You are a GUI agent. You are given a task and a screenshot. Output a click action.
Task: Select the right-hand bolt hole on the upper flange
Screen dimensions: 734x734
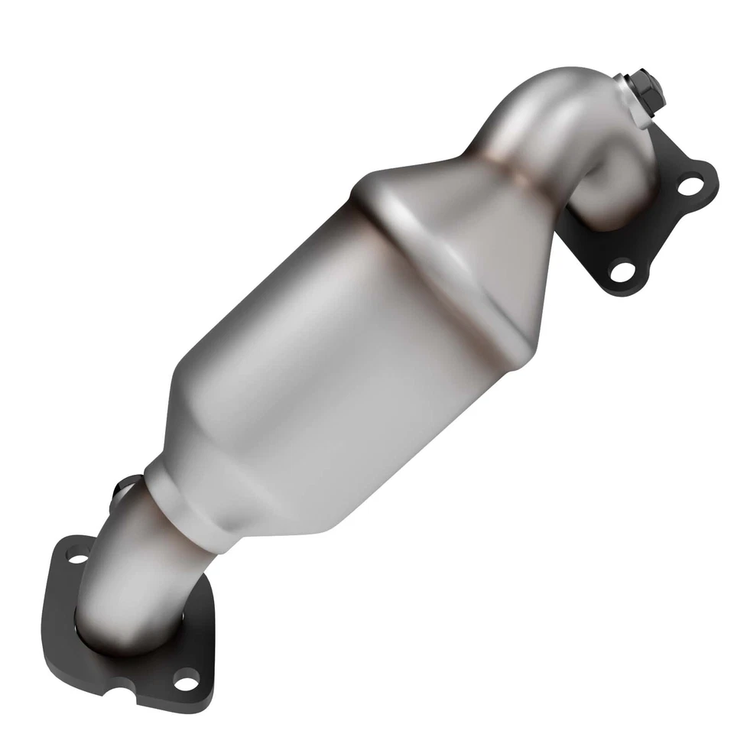coord(690,184)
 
